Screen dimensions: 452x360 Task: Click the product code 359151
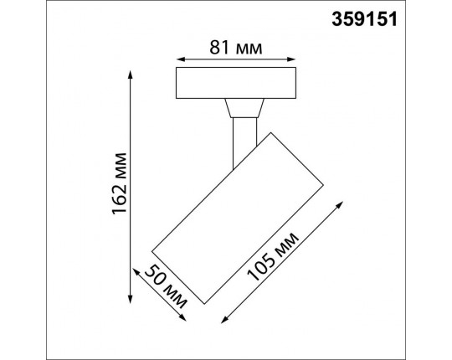(x=364, y=19)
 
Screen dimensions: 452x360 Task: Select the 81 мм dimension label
(x=236, y=48)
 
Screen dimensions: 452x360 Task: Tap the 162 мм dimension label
(x=119, y=183)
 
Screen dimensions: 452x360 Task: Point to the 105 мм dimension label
(x=272, y=256)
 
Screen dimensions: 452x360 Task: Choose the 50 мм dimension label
(x=166, y=287)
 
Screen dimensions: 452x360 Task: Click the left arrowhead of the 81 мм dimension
(x=181, y=59)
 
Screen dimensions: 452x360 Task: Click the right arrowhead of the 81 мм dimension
(x=291, y=59)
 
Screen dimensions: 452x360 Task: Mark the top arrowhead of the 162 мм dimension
(x=131, y=75)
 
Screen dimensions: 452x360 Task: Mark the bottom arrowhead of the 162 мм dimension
(x=131, y=299)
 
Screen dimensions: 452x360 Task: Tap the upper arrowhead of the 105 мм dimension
(x=340, y=204)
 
